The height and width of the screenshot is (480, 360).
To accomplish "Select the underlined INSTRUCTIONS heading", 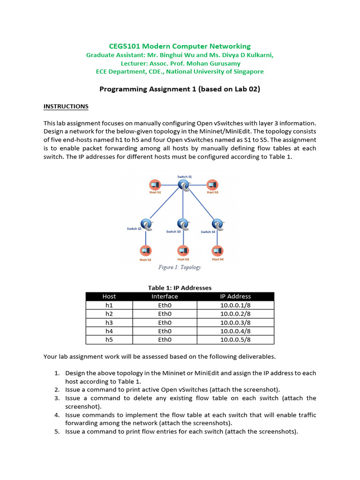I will pos(66,106).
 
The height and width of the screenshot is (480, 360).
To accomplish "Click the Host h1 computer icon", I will pos(155,185).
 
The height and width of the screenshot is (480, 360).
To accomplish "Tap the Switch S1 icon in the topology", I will pos(184,185).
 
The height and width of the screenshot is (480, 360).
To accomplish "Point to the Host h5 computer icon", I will pos(212,185).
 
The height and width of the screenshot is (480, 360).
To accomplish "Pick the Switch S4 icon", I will pos(217,224).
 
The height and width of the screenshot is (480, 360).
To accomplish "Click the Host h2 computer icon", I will pos(146,251).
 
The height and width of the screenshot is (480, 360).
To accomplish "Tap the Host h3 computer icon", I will pos(183,251).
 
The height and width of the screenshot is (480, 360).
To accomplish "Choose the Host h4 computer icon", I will pos(217,251).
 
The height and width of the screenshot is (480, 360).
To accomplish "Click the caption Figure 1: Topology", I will pos(180,267).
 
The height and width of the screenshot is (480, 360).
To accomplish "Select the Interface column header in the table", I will pos(165,296).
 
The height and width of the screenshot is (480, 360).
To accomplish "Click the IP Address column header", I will pos(235,296).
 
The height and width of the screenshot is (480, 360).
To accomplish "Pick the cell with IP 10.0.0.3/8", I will pos(235,322).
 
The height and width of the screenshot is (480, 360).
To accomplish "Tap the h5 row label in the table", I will pos(109,340).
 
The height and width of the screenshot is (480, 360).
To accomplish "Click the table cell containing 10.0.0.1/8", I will pos(235,305).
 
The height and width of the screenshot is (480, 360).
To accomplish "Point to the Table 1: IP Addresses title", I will pos(180,288).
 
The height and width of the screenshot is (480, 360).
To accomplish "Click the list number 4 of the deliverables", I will pos(56,415).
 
